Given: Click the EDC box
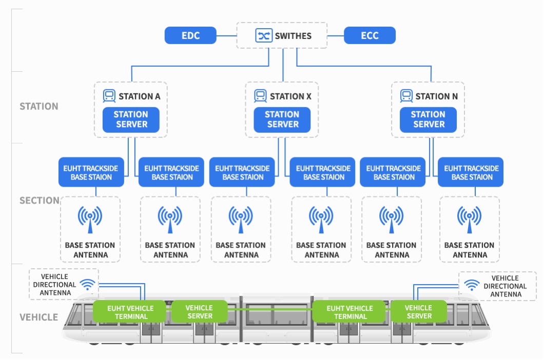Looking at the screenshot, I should pyautogui.click(x=190, y=36).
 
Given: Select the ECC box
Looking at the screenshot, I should pyautogui.click(x=370, y=36).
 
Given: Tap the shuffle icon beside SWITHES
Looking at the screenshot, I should pyautogui.click(x=263, y=36).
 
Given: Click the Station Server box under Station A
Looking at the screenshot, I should pyautogui.click(x=131, y=119).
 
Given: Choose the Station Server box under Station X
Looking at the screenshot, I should pyautogui.click(x=282, y=119).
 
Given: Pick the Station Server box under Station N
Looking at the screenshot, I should pyautogui.click(x=428, y=119).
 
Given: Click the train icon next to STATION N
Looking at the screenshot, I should pyautogui.click(x=406, y=96).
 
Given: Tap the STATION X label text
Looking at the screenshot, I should pyautogui.click(x=290, y=96).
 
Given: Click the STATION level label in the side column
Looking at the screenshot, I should pyautogui.click(x=39, y=107).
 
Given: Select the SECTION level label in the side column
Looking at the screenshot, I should pyautogui.click(x=40, y=201).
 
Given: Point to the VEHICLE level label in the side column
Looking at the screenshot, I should pyautogui.click(x=39, y=317).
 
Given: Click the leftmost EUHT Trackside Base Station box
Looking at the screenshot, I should pyautogui.click(x=91, y=172).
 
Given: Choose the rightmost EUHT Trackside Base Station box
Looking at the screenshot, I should pyautogui.click(x=471, y=172).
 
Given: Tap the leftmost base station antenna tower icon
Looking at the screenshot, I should pyautogui.click(x=90, y=219).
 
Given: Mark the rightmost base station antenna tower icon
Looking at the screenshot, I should pyautogui.click(x=469, y=219).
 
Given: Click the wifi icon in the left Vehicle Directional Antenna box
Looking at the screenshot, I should pyautogui.click(x=88, y=285).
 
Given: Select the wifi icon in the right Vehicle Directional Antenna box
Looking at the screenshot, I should pyautogui.click(x=471, y=285).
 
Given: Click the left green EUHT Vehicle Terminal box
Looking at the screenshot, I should pyautogui.click(x=130, y=312).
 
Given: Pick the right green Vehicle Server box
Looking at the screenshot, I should pyautogui.click(x=418, y=312).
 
